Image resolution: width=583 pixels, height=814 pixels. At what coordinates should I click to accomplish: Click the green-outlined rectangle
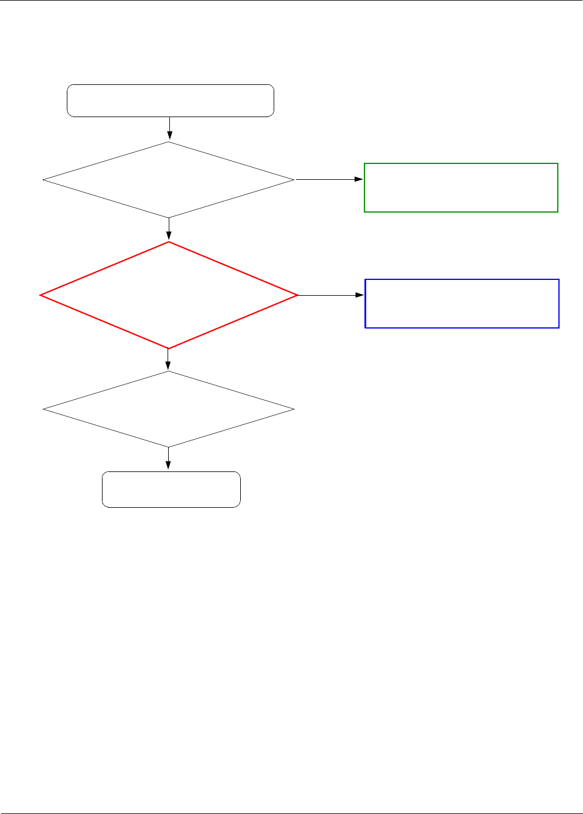point(461,187)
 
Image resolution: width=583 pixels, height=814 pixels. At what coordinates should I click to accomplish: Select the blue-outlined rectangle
point(462,303)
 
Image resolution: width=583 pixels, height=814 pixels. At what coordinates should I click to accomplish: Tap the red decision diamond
point(169,295)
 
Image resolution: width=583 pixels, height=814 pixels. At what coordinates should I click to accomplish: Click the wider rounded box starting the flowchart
point(171,101)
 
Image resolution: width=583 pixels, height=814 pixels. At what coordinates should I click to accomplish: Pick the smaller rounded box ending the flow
point(171,489)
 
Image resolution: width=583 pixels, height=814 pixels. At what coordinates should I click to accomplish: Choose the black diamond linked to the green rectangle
point(169,180)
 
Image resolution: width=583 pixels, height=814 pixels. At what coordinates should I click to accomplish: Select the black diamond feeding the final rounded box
point(169,409)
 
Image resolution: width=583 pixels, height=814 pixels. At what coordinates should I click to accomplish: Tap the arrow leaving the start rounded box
point(169,129)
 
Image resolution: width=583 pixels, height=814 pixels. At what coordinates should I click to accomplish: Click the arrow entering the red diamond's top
point(169,230)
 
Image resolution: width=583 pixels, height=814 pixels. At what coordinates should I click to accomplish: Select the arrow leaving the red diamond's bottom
point(169,360)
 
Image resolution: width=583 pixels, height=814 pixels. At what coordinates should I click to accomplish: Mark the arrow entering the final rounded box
point(169,459)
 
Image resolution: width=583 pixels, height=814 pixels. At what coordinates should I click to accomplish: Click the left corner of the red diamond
point(40,295)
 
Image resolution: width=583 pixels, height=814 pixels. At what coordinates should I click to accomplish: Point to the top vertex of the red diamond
point(169,242)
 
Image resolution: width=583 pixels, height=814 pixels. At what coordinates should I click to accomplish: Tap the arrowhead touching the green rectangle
point(360,179)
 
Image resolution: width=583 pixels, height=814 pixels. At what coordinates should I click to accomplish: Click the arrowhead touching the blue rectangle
point(361,295)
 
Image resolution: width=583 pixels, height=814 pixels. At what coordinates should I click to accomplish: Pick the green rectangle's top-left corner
point(364,163)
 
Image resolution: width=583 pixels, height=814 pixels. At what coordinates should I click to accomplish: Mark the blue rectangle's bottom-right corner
point(559,327)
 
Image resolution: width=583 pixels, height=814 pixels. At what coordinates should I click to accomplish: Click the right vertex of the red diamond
point(298,295)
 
